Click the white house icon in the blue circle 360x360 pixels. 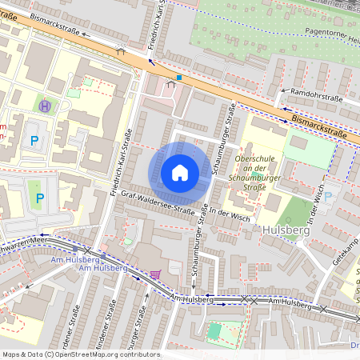click(x=180, y=172)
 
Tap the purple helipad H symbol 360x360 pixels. click(x=45, y=105)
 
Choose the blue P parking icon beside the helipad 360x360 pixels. click(x=34, y=141)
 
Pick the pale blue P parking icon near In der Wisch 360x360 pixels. click(x=326, y=197)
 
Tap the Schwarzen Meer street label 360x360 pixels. click(x=24, y=239)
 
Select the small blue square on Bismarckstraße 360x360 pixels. click(x=179, y=78)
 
